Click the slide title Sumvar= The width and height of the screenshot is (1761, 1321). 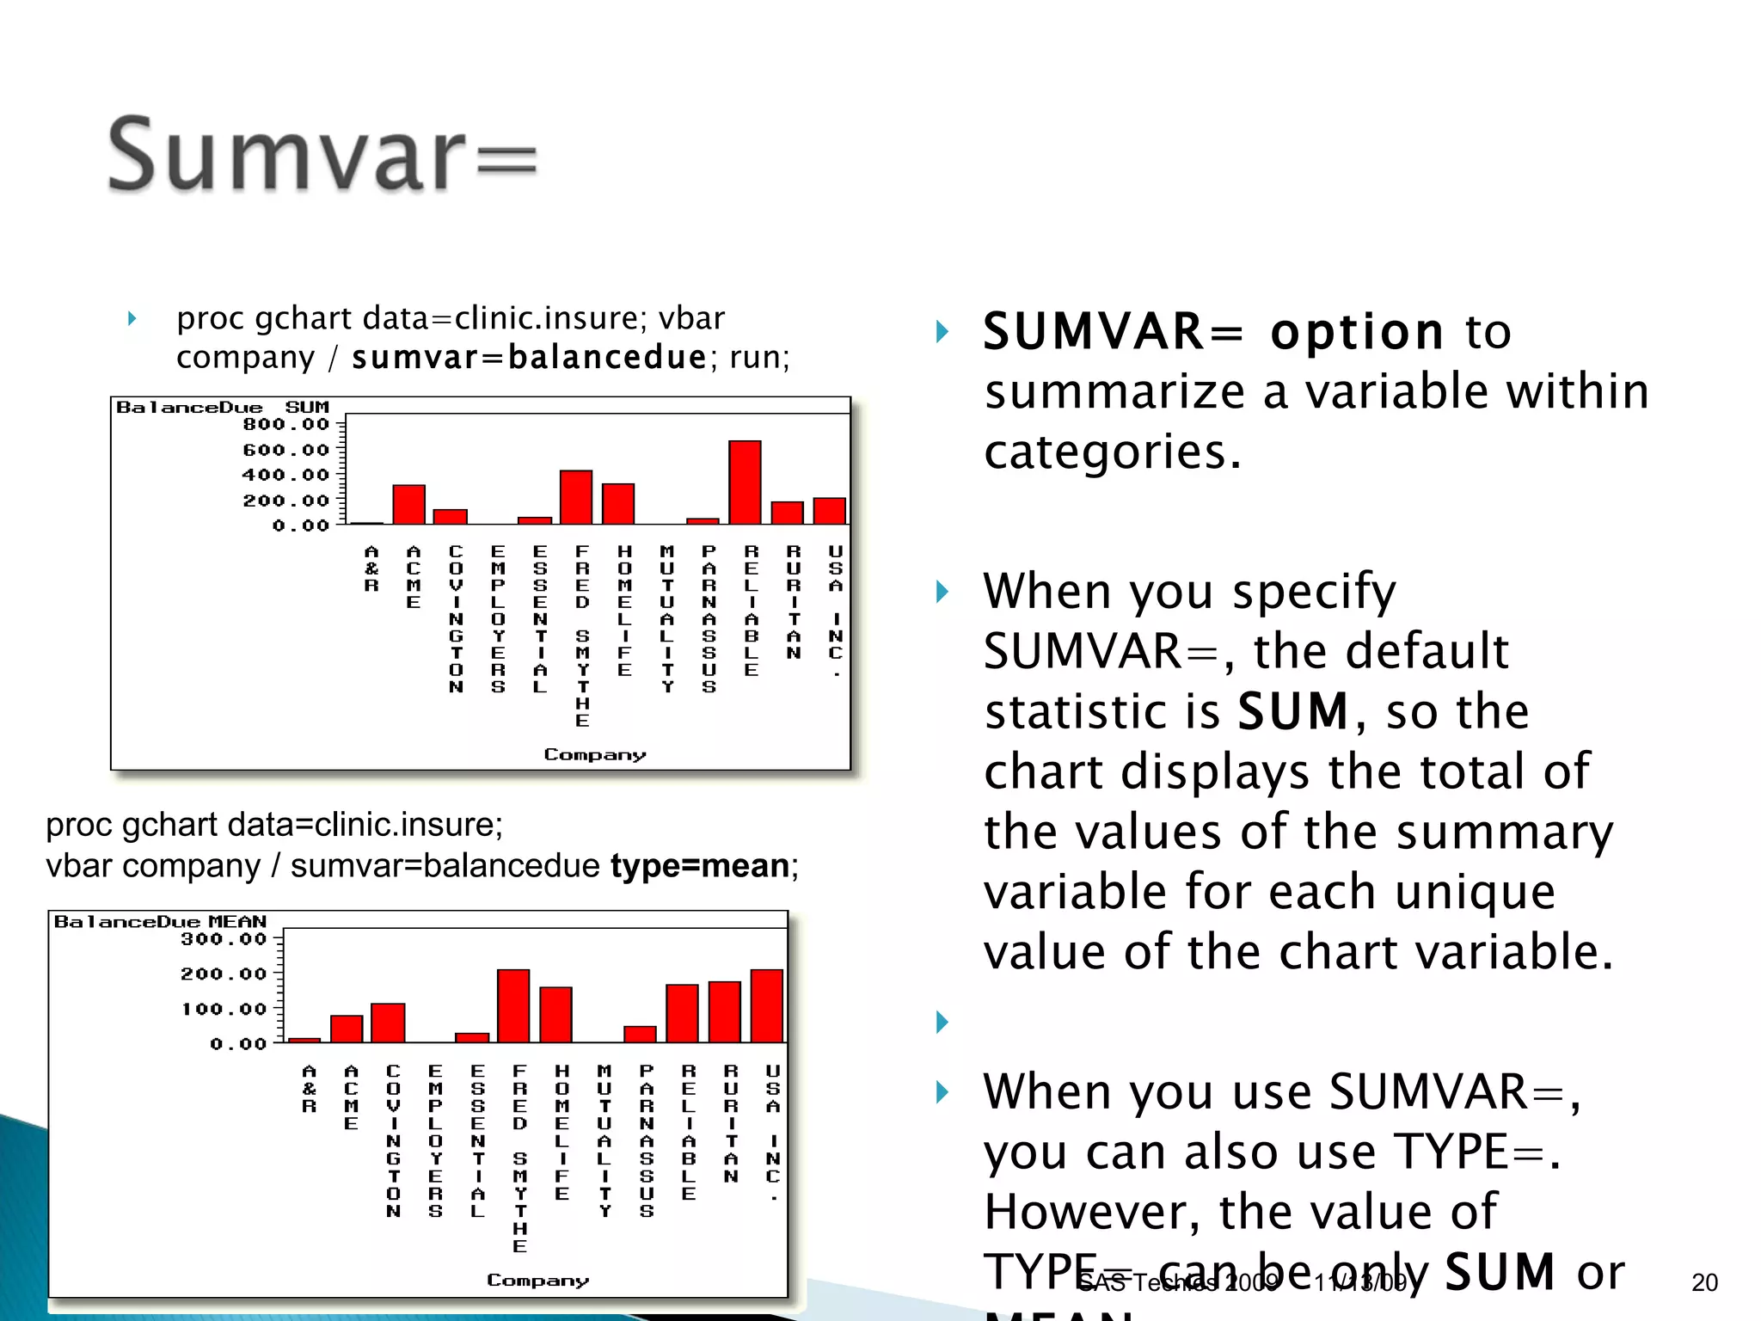322,155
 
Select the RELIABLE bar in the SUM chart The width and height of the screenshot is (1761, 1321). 745,482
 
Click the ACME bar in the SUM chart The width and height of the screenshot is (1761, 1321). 409,504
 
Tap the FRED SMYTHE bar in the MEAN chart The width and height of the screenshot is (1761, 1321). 513,1005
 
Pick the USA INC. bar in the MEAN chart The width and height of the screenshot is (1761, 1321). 767,1005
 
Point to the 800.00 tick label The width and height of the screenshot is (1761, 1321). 285,424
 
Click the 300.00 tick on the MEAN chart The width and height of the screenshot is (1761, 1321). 224,939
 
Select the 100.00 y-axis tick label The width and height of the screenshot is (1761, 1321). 224,1009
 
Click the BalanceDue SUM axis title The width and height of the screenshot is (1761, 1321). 222,407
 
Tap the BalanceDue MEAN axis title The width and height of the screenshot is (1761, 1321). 160,922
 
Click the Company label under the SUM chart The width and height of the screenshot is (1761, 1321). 594,754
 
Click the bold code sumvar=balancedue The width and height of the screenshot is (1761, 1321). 529,357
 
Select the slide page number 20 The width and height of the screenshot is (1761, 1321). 1704,1282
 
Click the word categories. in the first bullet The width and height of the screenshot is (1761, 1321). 1113,452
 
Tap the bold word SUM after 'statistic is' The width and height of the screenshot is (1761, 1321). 1292,711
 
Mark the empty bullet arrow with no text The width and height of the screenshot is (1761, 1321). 942,1022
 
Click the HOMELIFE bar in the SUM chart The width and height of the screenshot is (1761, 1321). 618,504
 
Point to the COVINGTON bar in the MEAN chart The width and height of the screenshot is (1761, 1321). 388,1023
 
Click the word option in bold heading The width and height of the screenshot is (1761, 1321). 1357,332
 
